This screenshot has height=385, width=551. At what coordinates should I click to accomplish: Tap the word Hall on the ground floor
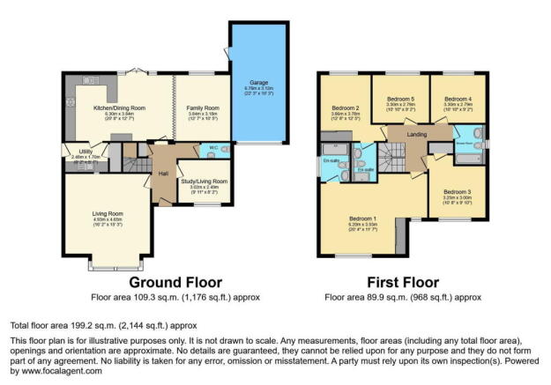point(163,173)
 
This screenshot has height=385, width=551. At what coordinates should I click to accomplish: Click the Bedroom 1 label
point(361,218)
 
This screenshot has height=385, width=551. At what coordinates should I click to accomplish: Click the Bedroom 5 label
point(400,99)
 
